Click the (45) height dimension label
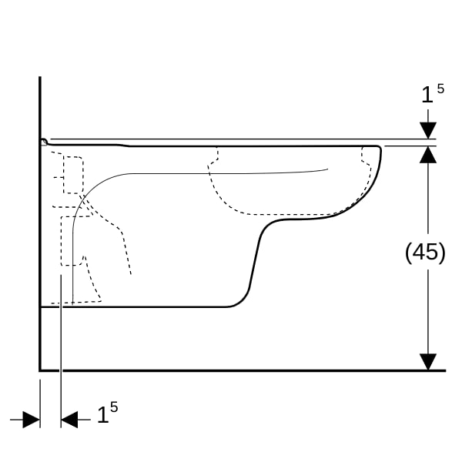425,253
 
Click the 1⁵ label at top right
433,93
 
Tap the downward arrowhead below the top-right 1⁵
428,131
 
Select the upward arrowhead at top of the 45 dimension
428,155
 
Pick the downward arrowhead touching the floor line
428,362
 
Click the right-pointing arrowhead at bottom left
32,420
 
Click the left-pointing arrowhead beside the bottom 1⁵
69,420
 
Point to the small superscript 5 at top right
440,89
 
